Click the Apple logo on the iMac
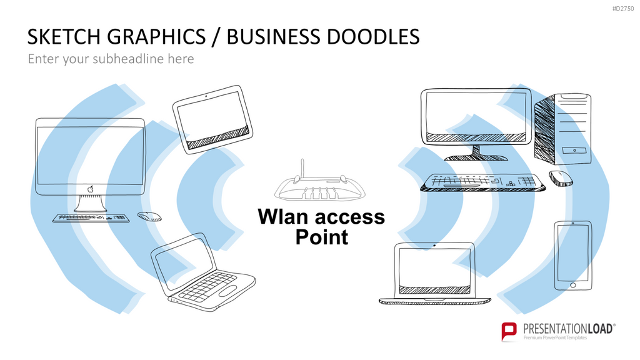[x=91, y=189]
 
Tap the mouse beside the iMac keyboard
[x=149, y=216]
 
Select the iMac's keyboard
[x=91, y=218]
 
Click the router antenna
[x=302, y=169]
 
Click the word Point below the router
[x=322, y=237]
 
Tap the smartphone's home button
[x=572, y=285]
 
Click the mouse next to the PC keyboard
[x=561, y=178]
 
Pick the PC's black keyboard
[x=483, y=182]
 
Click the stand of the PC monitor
[x=476, y=152]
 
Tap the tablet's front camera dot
[x=206, y=96]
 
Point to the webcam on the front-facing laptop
[x=434, y=246]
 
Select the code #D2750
[x=623, y=9]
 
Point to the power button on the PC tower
[x=574, y=151]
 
